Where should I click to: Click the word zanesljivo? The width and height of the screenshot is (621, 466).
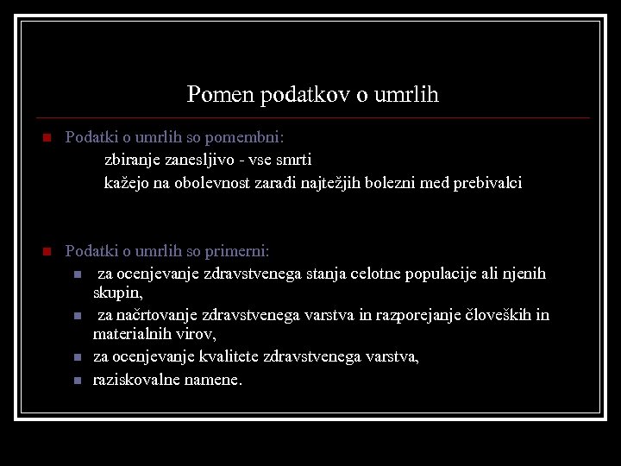(201, 160)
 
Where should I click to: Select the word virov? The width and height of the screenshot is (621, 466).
(196, 333)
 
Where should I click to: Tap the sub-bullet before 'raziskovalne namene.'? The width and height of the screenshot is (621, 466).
(78, 380)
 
